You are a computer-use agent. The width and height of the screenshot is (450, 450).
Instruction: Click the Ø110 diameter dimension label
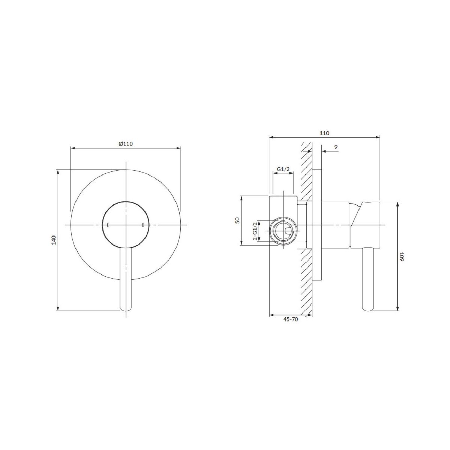[x=125, y=144]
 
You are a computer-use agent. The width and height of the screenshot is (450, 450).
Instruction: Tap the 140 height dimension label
[x=54, y=240]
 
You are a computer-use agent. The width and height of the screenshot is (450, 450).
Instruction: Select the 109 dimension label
[x=402, y=256]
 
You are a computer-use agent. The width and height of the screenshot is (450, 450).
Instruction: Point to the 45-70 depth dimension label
[x=291, y=319]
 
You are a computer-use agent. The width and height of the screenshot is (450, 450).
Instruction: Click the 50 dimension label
[x=237, y=220]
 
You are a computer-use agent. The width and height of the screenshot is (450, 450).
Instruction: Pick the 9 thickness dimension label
[x=336, y=147]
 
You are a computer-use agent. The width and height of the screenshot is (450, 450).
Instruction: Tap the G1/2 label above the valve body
[x=283, y=169]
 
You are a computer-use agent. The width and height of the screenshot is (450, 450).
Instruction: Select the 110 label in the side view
[x=324, y=133]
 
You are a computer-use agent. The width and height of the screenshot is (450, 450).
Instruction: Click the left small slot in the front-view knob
[x=108, y=225]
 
